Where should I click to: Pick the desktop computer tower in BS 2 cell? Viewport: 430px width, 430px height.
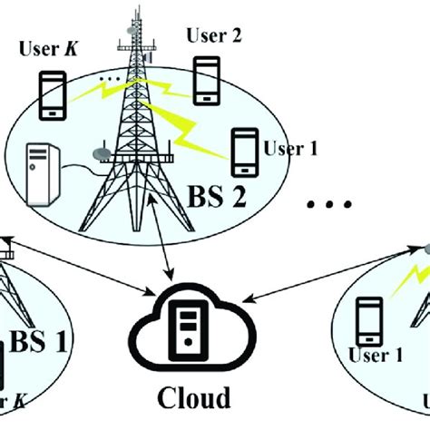44,173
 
